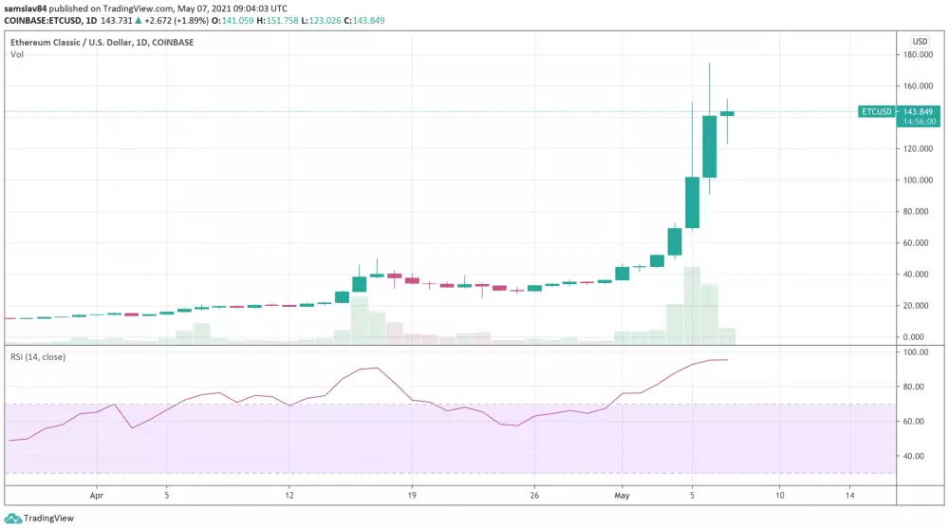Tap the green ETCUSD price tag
click(876, 111)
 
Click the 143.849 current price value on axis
click(918, 111)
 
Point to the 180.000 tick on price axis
click(917, 55)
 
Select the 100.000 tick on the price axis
click(917, 180)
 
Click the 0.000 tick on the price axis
click(913, 337)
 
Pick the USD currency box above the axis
click(920, 41)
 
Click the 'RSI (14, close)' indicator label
click(38, 357)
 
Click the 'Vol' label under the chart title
click(17, 55)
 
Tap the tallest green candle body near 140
click(709, 146)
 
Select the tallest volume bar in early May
click(692, 304)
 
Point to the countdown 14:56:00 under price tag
click(918, 122)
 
